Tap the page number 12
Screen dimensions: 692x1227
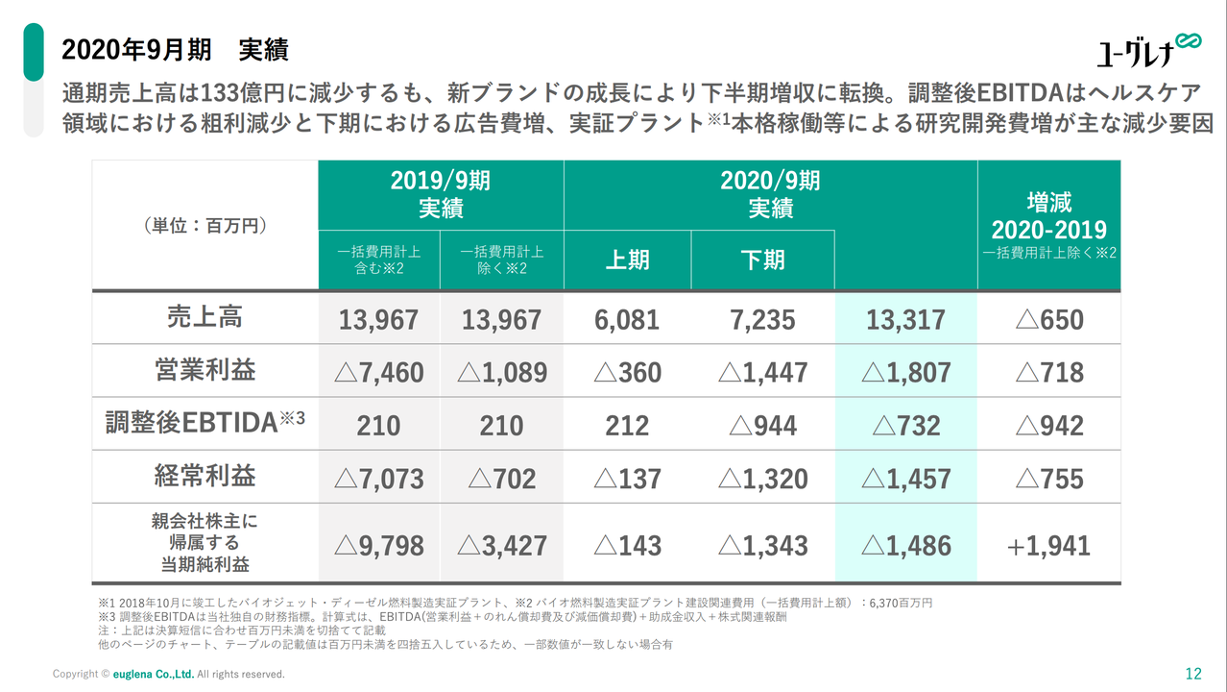1193,673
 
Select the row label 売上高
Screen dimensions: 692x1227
204,317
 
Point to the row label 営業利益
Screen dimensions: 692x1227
204,371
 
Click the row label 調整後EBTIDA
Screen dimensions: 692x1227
204,424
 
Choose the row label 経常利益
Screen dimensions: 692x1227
204,477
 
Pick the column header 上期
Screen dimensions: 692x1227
627,260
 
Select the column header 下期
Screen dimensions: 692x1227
762,260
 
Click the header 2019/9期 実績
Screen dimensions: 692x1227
441,194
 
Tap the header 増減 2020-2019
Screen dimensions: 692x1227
1048,217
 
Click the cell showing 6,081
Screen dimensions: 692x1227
627,319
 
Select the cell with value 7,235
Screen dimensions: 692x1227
762,319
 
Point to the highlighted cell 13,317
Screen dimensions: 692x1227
905,319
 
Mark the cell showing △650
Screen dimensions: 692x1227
1048,319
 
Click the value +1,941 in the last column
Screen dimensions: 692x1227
1048,546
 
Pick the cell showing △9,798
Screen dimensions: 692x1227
378,546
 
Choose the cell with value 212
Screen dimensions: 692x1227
627,426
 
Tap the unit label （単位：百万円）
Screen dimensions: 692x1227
204,226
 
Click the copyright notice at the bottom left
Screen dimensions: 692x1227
169,674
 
